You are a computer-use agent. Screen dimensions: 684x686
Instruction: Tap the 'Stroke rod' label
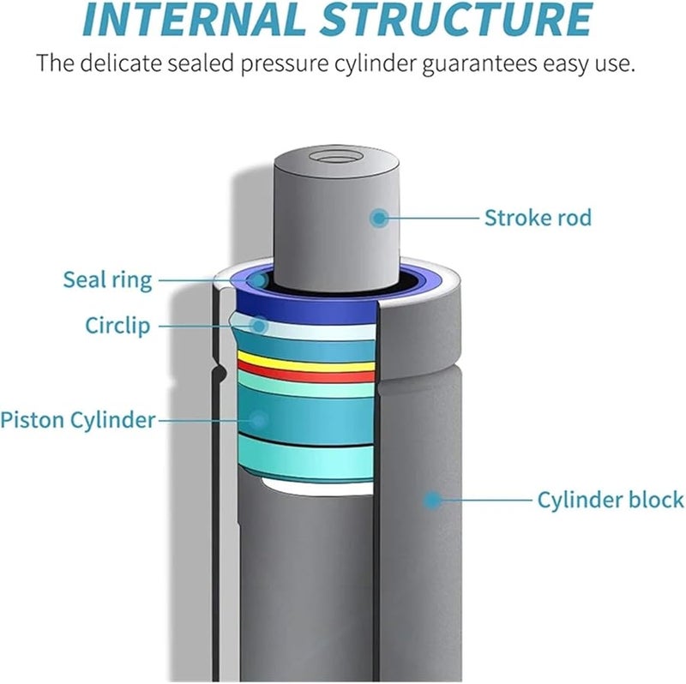538,218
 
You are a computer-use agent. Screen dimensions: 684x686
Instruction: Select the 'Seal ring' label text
107,279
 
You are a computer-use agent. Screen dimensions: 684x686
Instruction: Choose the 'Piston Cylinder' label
78,420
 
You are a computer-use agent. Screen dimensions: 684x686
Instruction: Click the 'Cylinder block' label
610,500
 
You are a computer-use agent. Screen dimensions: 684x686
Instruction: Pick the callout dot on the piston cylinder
258,419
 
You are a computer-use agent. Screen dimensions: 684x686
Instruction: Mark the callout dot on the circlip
260,325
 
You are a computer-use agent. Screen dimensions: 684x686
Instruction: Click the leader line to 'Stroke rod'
433,218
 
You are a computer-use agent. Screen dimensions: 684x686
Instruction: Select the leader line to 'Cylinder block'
484,499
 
